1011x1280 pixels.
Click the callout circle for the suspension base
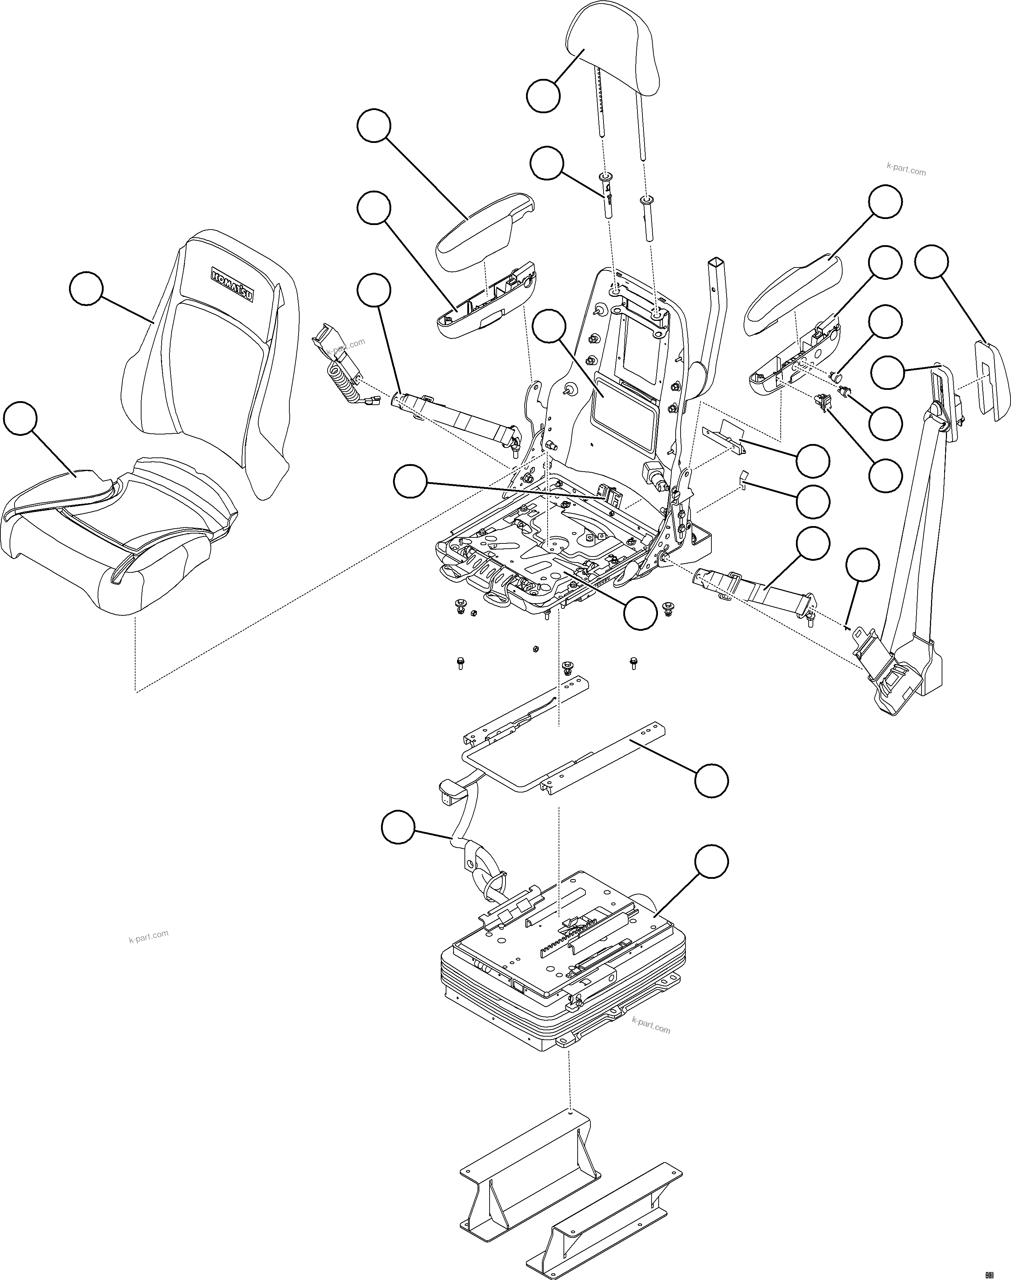tap(711, 861)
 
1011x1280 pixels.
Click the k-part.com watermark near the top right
tap(906, 169)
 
